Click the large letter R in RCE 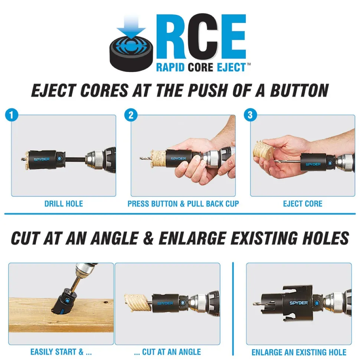[175, 37]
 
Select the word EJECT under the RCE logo [231, 68]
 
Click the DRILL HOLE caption [63, 204]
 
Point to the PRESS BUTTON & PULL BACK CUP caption [183, 204]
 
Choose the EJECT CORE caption [302, 204]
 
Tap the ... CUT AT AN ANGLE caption [167, 352]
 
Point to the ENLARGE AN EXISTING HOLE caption [299, 352]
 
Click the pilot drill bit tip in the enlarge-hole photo [254, 303]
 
